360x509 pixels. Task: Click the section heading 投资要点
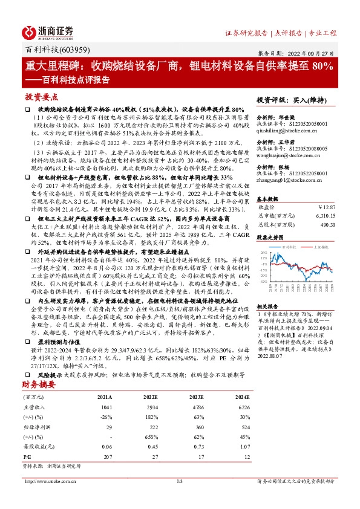tap(41, 97)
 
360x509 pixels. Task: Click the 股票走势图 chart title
tap(270, 238)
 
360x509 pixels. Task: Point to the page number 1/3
tap(179, 481)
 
